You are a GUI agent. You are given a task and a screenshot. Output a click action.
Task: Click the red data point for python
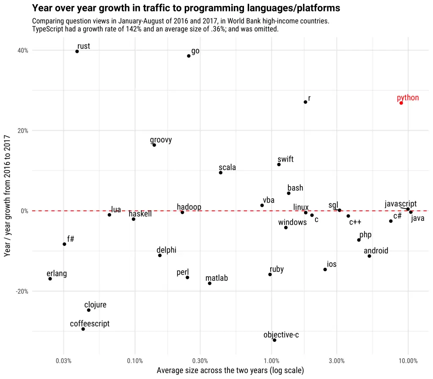point(401,103)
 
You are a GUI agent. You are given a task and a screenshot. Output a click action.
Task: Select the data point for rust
point(77,52)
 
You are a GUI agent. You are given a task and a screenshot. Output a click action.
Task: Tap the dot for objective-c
point(274,340)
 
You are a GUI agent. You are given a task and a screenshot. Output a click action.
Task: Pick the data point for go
point(189,56)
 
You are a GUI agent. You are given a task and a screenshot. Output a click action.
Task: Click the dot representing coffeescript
point(83,329)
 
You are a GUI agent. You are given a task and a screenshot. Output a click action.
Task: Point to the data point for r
point(305,102)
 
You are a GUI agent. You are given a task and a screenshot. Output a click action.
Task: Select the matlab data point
point(210,283)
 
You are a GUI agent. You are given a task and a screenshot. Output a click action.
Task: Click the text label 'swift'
point(285,159)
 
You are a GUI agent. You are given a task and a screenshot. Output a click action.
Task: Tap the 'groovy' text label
point(161,140)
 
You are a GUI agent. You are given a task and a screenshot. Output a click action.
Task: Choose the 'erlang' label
point(57,274)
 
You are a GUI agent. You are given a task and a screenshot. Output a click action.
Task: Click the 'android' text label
point(376,251)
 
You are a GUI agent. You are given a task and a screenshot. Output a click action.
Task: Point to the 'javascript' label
point(400,204)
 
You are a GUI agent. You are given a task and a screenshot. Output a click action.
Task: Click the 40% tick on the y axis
point(23,50)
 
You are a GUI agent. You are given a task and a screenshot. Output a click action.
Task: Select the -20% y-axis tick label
point(22,291)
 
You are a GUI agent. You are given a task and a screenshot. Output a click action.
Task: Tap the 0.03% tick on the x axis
point(63,361)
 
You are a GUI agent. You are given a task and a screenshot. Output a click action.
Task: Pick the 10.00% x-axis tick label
point(408,361)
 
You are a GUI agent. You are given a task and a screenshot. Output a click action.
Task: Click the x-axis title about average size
point(230,371)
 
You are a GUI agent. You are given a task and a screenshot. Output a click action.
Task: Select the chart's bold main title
point(186,8)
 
